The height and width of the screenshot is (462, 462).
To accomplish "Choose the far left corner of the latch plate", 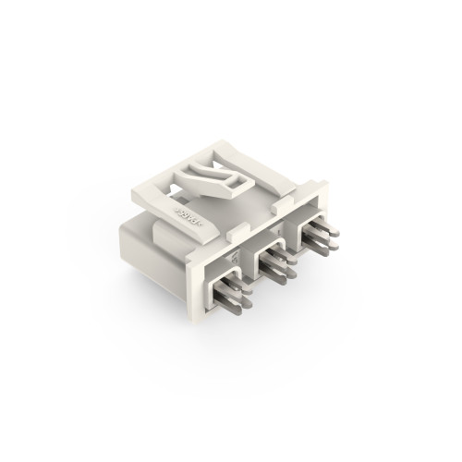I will point(128,200).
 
